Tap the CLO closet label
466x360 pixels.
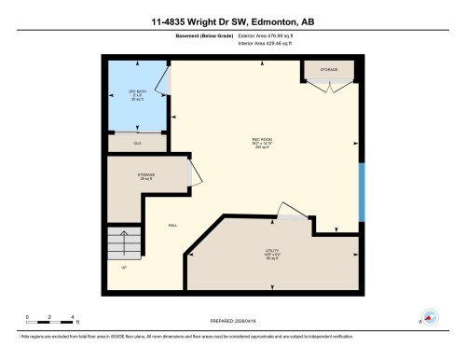click(x=136, y=143)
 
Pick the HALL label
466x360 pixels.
click(x=172, y=225)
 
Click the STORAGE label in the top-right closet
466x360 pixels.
click(x=330, y=70)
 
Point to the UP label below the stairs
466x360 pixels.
click(x=123, y=268)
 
